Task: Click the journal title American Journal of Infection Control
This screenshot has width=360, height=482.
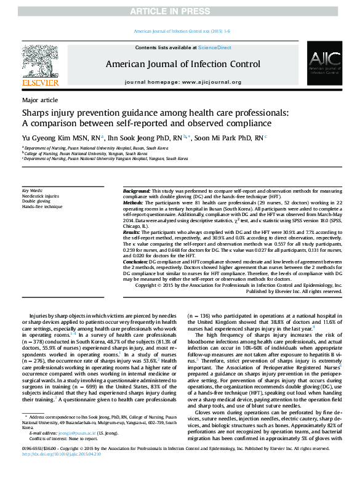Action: pyautogui.click(x=183, y=63)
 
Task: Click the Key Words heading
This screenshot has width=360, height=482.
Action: pyautogui.click(x=32, y=191)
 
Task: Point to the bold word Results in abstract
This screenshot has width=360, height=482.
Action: pyautogui.click(x=132, y=232)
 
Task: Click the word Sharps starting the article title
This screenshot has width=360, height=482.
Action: pyautogui.click(x=38, y=114)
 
